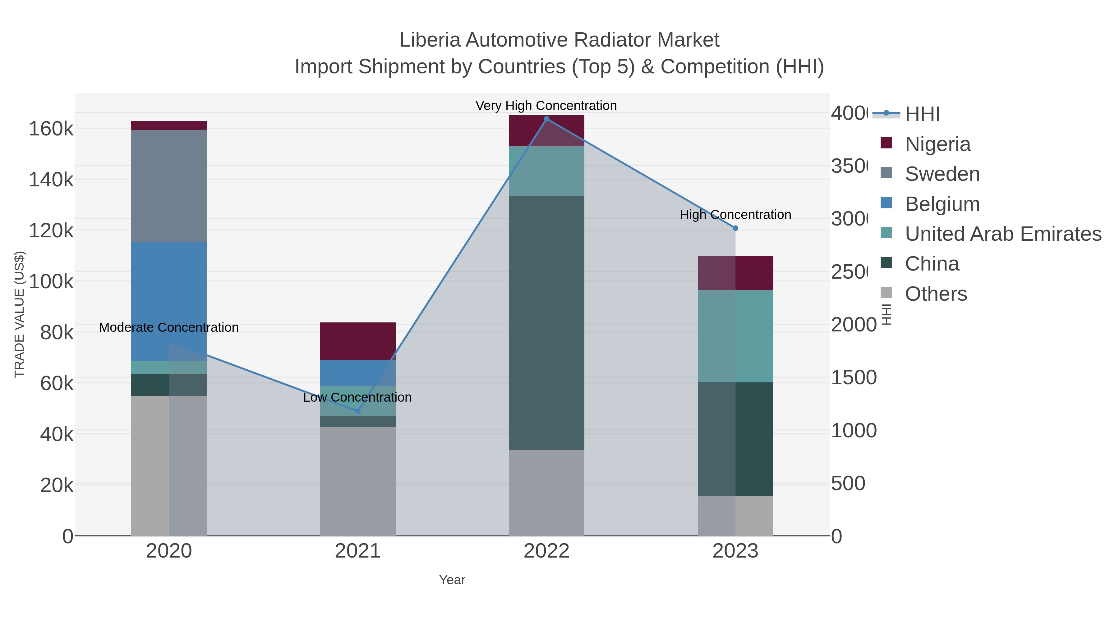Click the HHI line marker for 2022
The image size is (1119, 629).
(x=546, y=119)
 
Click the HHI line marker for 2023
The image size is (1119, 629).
(x=735, y=228)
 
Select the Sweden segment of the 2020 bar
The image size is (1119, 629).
(x=168, y=186)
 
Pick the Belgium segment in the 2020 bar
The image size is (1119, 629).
(x=168, y=301)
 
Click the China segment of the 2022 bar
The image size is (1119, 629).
(x=546, y=322)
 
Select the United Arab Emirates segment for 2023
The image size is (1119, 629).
(x=735, y=336)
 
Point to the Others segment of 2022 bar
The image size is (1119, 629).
(x=546, y=492)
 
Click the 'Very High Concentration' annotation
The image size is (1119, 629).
(x=546, y=106)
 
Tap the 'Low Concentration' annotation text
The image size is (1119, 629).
(x=357, y=397)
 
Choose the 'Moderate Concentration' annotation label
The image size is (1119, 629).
(x=168, y=327)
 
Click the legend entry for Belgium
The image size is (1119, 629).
(x=942, y=204)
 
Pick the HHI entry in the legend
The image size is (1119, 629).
(x=922, y=114)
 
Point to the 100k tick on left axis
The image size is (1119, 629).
(x=51, y=282)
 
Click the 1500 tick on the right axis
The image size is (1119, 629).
(x=854, y=378)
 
